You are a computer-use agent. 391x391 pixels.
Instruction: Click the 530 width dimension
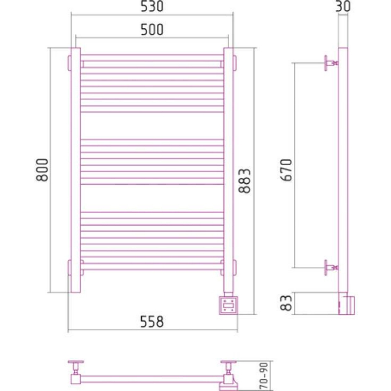coord(152,6)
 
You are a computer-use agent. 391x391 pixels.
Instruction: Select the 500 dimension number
coord(152,30)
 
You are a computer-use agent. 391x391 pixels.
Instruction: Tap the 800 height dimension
coord(42,170)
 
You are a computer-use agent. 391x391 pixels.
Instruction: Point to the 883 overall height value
coord(244,181)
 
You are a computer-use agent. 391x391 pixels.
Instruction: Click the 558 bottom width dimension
coord(152,322)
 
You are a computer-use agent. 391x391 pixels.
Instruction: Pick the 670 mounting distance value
coord(286,170)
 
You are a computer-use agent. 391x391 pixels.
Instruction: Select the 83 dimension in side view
coord(286,303)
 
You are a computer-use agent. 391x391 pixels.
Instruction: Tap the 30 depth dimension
coord(343,6)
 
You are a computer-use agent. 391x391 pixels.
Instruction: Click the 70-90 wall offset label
coord(264,376)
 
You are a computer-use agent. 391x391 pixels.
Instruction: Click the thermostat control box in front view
coord(228,305)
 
